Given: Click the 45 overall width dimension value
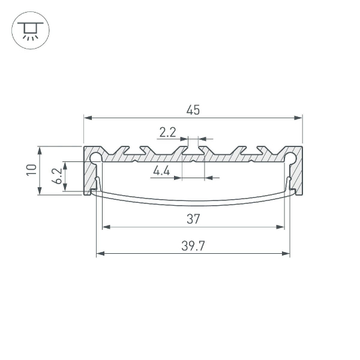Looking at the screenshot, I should click(193, 110).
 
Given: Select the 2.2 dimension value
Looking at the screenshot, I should click(168, 131).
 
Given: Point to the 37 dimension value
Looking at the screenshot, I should click(193, 220).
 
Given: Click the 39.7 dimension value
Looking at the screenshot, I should click(193, 246).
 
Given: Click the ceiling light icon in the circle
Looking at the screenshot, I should click(30, 30).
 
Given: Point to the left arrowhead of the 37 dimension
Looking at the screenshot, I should click(107, 227).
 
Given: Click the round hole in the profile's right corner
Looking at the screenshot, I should click(290, 158).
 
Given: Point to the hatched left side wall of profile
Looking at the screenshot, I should click(89, 177).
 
